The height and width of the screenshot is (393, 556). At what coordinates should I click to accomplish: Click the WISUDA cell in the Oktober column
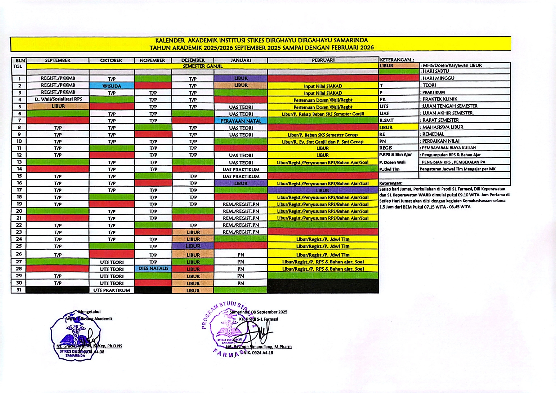click(x=112, y=86)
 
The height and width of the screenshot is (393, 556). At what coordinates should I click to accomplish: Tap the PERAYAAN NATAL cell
click(x=241, y=121)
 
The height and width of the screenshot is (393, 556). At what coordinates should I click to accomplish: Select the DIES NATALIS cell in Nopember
click(x=153, y=268)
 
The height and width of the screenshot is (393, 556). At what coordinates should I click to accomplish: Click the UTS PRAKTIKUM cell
click(x=112, y=290)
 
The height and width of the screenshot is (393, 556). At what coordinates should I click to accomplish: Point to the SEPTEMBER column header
click(x=58, y=60)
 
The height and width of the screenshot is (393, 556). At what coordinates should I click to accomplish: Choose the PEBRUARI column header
click(x=323, y=60)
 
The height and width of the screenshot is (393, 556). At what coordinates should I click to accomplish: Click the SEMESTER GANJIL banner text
click(x=202, y=66)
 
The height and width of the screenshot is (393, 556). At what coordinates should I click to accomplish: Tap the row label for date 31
click(x=19, y=289)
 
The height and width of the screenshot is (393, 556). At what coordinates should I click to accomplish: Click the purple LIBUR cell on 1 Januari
click(x=241, y=78)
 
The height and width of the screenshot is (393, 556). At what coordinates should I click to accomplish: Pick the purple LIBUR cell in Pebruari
click(x=323, y=190)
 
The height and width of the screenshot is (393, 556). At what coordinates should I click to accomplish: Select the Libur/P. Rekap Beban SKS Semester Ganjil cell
click(x=323, y=114)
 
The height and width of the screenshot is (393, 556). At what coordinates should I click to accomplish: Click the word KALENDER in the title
click(x=170, y=41)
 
